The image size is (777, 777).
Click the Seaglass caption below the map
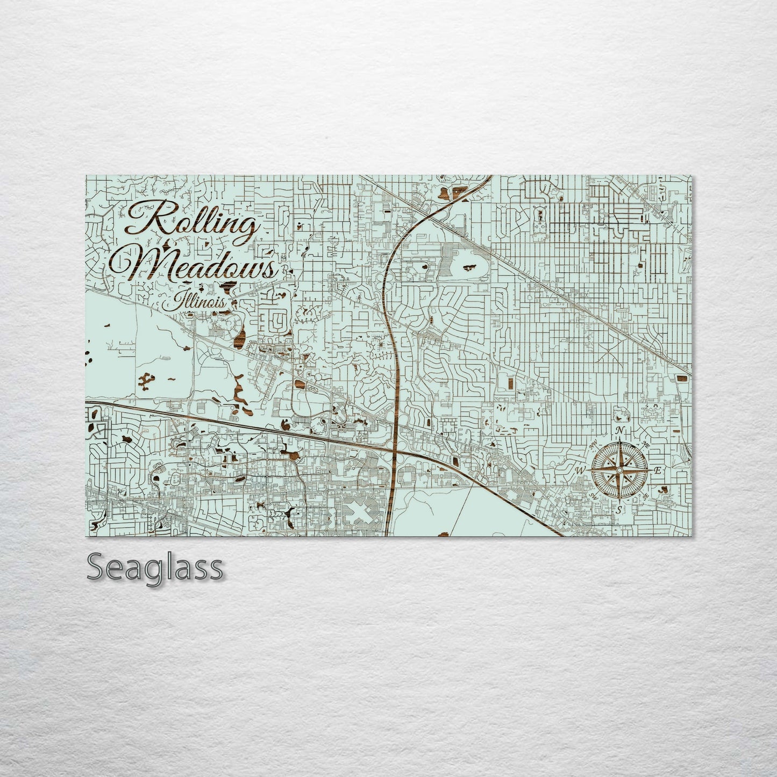click(154, 566)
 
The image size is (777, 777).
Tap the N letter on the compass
click(620, 431)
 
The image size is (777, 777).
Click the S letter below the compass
click(619, 509)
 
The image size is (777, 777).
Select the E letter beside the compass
click(657, 470)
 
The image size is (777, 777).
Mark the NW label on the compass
click(594, 445)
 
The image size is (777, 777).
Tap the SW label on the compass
click(594, 495)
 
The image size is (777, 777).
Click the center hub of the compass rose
click(619, 470)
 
